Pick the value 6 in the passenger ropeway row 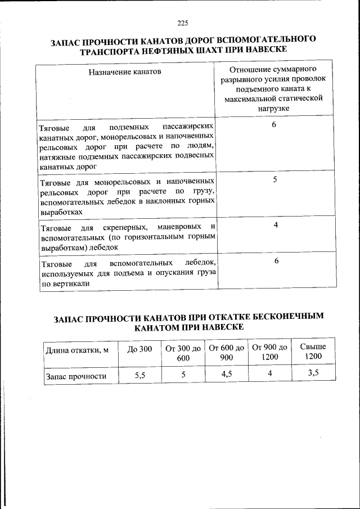pos(274,124)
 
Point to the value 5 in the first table pos(274,180)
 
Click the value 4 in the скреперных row pos(276,225)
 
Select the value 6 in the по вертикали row pos(276,261)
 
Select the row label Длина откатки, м pos(77,350)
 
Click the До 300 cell pos(139,349)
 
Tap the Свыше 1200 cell pos(313,352)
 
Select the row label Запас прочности pos(76,376)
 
